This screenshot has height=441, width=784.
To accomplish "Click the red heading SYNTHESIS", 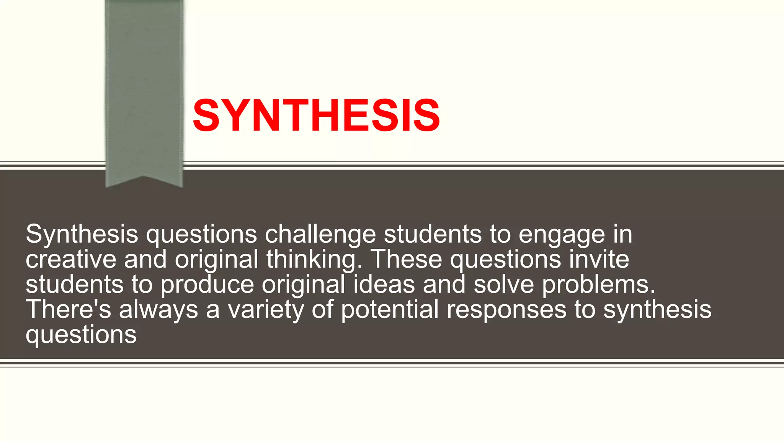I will [316, 116].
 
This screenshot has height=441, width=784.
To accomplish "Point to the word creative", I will [71, 259].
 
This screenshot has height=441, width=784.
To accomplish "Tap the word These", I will [407, 259].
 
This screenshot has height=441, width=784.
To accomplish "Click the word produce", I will [207, 285].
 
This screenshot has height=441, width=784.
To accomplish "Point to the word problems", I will [599, 285].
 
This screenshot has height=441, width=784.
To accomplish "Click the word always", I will [158, 310].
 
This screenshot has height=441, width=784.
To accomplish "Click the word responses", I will [506, 310].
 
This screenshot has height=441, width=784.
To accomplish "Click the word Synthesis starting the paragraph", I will [82, 234].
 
